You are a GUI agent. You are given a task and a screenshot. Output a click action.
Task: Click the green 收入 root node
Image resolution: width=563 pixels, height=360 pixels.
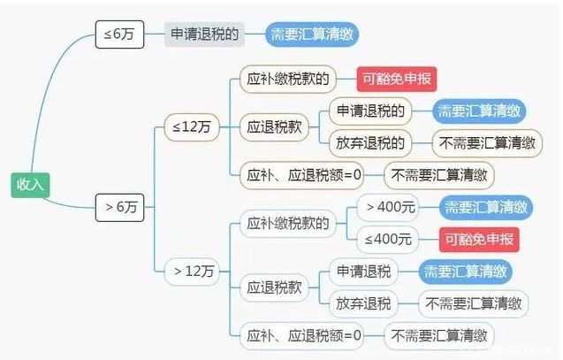click(30, 185)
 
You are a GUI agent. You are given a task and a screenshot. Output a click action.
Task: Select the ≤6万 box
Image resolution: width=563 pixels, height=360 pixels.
click(119, 34)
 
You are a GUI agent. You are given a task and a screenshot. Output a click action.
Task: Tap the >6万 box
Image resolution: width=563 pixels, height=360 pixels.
click(119, 207)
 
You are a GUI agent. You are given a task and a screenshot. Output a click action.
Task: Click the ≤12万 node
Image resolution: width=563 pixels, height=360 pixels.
click(192, 126)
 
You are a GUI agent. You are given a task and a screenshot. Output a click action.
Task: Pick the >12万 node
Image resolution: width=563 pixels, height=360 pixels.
click(192, 272)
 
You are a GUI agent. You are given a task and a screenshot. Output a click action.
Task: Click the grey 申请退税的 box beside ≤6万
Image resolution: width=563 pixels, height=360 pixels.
click(204, 34)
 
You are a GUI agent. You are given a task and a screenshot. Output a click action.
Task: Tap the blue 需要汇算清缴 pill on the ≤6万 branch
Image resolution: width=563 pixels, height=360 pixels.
click(312, 34)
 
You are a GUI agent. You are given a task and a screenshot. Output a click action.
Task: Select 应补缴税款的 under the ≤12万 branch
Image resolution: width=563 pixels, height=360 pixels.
click(287, 79)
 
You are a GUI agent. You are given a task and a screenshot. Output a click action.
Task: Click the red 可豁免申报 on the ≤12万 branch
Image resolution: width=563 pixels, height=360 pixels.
click(397, 79)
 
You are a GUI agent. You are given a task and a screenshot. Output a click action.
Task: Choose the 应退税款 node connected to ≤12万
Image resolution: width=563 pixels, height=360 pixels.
click(274, 127)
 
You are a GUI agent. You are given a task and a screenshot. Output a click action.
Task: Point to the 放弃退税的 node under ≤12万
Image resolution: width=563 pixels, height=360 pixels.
click(370, 143)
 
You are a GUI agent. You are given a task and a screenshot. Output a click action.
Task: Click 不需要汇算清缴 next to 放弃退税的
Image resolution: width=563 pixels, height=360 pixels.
click(487, 143)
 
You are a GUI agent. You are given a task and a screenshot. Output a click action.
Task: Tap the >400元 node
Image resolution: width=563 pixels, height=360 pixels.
click(388, 207)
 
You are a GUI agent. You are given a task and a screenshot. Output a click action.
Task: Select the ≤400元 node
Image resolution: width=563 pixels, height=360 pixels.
click(388, 240)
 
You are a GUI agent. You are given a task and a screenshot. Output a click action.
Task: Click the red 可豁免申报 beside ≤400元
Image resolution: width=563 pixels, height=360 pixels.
click(479, 240)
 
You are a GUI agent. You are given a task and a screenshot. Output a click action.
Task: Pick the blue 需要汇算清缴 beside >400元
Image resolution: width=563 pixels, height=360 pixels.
click(486, 207)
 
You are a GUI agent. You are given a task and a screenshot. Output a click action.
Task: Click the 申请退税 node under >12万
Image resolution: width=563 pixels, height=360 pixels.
click(363, 272)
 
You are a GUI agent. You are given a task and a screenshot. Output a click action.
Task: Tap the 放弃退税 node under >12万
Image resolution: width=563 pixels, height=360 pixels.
click(363, 303)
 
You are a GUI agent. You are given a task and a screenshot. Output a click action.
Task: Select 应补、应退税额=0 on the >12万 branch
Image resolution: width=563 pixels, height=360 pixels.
click(301, 336)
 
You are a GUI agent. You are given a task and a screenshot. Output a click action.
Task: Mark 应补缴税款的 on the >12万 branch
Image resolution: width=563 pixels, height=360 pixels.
click(287, 224)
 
